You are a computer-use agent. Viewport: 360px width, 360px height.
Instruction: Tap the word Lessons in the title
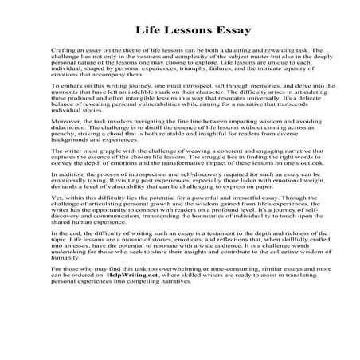click(x=181, y=31)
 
